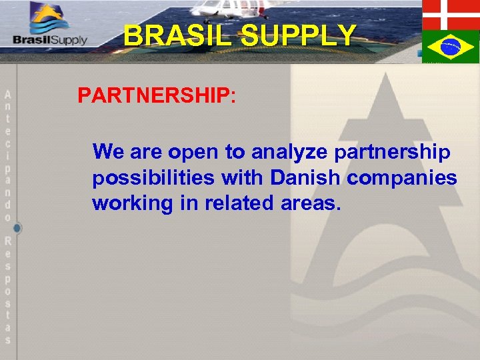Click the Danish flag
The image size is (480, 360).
(x=451, y=14)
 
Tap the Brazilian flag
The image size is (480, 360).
(x=451, y=47)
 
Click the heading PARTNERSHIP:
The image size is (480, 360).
(x=157, y=96)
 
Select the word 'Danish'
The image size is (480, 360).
(x=307, y=178)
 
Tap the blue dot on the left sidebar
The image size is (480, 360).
(x=17, y=228)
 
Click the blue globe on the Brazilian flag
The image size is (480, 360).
(x=450, y=47)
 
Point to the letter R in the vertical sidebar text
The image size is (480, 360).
(x=8, y=241)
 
